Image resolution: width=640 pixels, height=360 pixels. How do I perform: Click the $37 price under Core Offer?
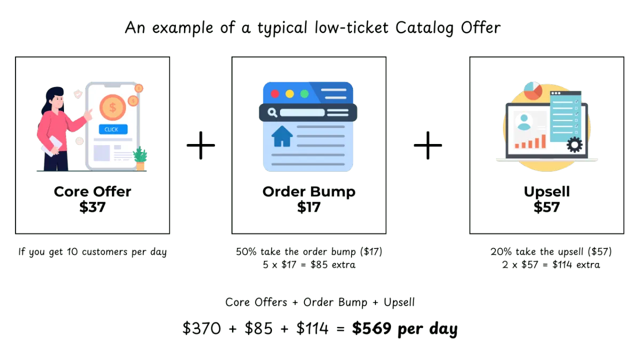pyautogui.click(x=92, y=207)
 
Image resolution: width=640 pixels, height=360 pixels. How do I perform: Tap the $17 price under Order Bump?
pyautogui.click(x=309, y=207)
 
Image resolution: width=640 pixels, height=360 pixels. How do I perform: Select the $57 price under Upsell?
pyautogui.click(x=547, y=207)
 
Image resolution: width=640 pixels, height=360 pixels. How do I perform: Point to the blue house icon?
pyautogui.click(x=282, y=136)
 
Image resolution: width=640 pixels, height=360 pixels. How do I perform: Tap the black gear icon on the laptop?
pyautogui.click(x=574, y=145)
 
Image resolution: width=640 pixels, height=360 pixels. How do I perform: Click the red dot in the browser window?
pyautogui.click(x=275, y=94)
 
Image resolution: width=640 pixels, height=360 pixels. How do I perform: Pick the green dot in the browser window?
pyautogui.click(x=304, y=94)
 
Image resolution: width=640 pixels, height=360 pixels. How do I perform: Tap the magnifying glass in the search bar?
pyautogui.click(x=273, y=113)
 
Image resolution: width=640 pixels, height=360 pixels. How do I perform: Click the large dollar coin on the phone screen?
pyautogui.click(x=112, y=107)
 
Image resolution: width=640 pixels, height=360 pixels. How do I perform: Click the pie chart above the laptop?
pyautogui.click(x=533, y=91)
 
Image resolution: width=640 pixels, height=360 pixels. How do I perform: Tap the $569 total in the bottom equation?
pyautogui.click(x=370, y=329)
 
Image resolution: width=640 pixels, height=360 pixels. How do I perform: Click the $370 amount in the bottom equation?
pyautogui.click(x=202, y=329)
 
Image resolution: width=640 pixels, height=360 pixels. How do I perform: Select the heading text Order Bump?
pyautogui.click(x=309, y=191)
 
